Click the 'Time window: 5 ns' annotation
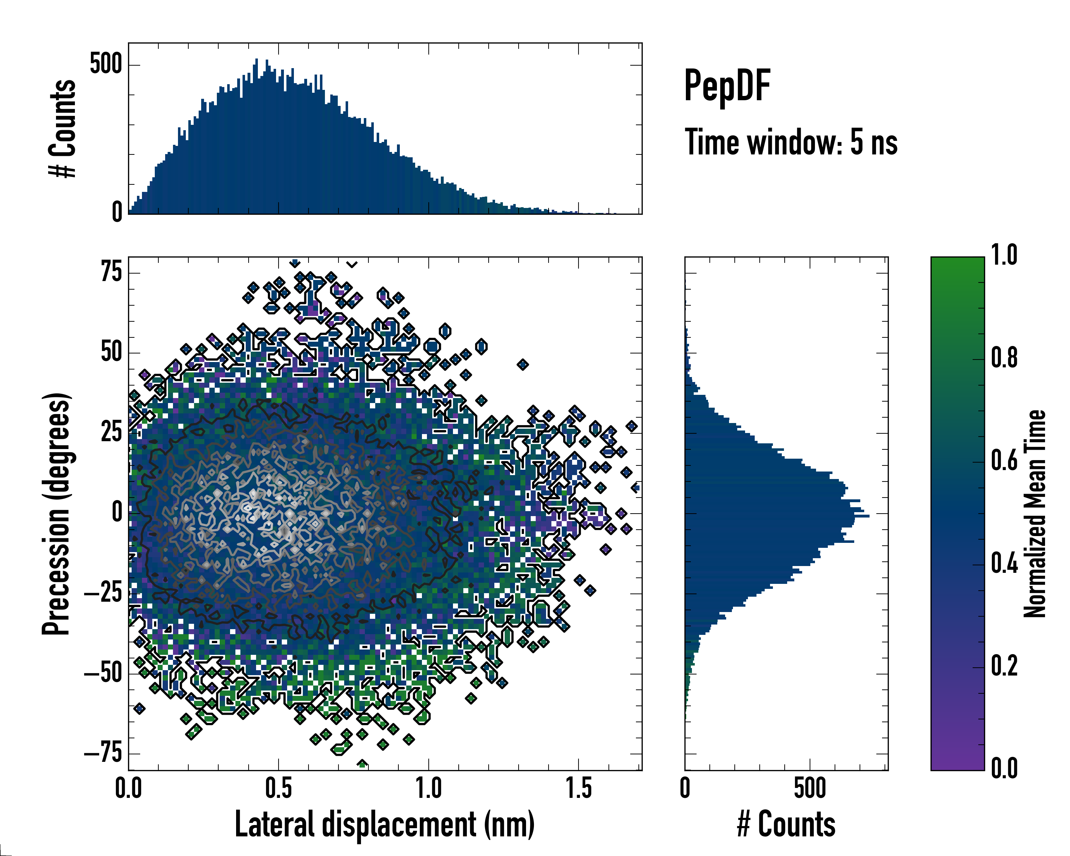pos(791,142)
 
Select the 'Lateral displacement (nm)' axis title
pos(384,824)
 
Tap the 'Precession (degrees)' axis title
pos(56,514)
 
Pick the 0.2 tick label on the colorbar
pos(1004,666)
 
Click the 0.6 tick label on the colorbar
pos(1004,460)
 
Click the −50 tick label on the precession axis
pos(103,673)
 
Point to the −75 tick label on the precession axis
pos(103,754)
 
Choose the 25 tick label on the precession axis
pos(111,432)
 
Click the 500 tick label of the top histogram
pos(106,65)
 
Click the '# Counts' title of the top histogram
pos(62,128)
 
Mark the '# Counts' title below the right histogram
pos(786,824)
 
